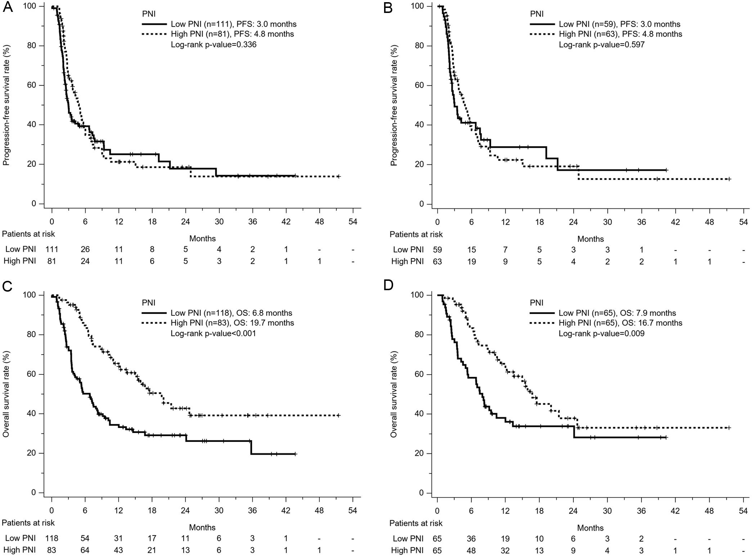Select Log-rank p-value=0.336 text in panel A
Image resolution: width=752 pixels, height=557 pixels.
click(x=213, y=45)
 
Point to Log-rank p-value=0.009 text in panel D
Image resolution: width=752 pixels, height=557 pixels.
click(x=601, y=333)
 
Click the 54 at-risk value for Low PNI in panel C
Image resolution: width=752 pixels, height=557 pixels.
click(x=85, y=538)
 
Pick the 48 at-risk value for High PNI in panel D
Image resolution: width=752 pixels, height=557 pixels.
click(x=471, y=550)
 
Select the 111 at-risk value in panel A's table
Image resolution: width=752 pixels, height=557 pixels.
click(x=51, y=249)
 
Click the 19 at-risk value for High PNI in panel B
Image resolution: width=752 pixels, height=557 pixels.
click(x=471, y=261)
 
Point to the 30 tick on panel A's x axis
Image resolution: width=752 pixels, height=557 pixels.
click(x=219, y=222)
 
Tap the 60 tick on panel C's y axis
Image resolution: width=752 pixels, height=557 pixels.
click(x=32, y=374)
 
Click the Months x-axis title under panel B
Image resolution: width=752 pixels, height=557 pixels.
click(x=590, y=239)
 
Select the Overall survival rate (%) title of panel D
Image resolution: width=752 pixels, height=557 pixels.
click(x=394, y=394)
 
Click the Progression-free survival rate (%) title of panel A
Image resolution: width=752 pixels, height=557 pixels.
click(x=6, y=105)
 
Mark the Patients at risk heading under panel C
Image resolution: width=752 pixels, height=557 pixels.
click(x=28, y=522)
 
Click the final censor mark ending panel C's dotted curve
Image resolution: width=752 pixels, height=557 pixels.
click(x=338, y=415)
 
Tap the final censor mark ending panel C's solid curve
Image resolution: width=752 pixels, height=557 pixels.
click(x=295, y=454)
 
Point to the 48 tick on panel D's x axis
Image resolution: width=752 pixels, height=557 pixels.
click(x=709, y=511)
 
